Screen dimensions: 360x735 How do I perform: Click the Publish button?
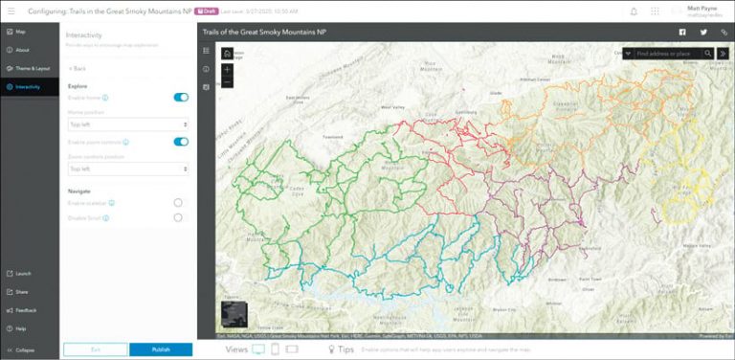pos(162,349)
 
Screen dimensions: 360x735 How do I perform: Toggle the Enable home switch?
pos(181,97)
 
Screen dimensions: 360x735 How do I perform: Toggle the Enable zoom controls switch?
pos(181,141)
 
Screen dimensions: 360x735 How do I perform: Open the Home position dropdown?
pos(128,124)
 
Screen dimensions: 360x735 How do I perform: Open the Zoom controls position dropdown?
pos(128,169)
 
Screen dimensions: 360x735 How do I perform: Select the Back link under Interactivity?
pos(78,68)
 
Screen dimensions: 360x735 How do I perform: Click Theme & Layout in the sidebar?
pos(31,68)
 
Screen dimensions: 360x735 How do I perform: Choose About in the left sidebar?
pos(22,50)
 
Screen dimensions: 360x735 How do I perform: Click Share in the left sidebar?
pos(21,292)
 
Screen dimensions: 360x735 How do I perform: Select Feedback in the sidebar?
pos(25,310)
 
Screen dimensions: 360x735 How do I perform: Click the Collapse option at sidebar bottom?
pos(25,349)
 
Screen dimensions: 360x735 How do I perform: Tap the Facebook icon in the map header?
pos(682,32)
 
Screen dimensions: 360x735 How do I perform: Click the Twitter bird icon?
pos(703,32)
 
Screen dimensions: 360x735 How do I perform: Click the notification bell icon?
pos(634,11)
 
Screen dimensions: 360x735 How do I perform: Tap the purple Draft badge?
pos(206,11)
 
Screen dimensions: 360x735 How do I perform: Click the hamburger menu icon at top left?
pos(11,11)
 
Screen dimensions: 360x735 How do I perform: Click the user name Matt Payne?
pos(702,8)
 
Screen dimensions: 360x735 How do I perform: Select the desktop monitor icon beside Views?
pos(258,349)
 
